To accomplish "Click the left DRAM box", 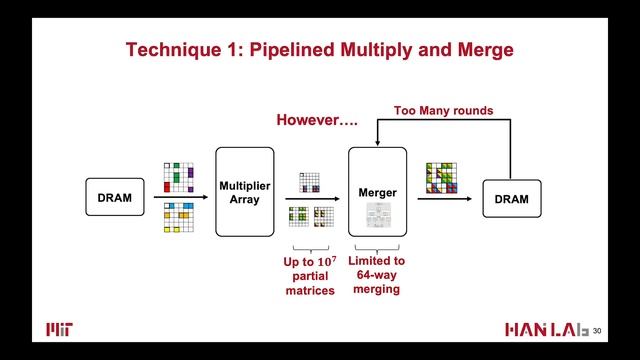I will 114,198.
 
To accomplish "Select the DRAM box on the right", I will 511,198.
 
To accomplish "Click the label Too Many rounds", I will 443,110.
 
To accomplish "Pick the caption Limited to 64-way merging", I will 377,275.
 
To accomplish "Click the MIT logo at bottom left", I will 59,330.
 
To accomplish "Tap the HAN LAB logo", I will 545,330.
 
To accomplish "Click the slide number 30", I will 598,331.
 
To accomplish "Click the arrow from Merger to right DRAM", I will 444,198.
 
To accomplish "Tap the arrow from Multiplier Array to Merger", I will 310,198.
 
